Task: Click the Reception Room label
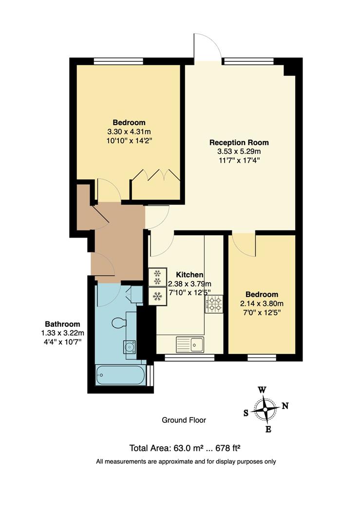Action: (239, 143)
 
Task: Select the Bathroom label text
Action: (62, 324)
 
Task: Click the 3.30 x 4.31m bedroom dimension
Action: (129, 131)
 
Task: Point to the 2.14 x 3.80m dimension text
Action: (262, 303)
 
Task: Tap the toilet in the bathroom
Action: (119, 322)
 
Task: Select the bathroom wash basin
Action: (130, 347)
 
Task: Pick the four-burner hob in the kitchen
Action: (213, 304)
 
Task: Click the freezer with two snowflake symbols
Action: (157, 277)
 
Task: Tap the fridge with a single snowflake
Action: (157, 296)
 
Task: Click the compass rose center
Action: (265, 410)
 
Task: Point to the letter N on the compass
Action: (285, 406)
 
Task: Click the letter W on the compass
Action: (262, 390)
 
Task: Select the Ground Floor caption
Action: (184, 420)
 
